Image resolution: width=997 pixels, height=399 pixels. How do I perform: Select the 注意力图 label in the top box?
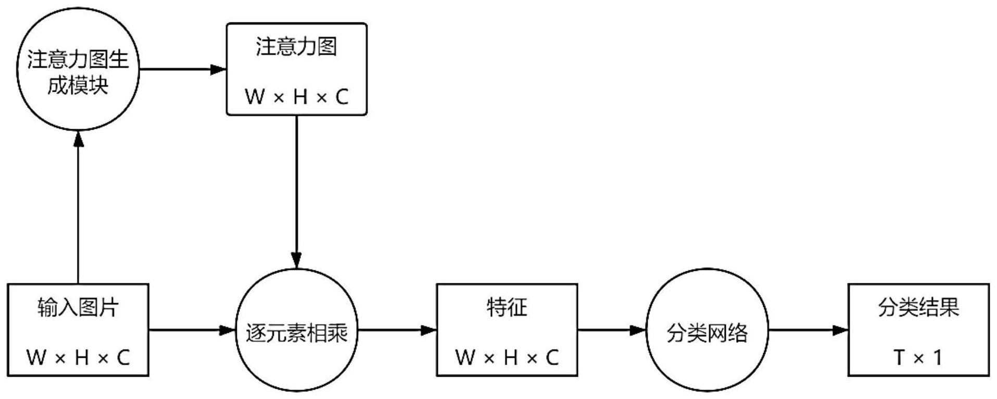[296, 47]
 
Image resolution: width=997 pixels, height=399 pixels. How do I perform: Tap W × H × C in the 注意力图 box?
[296, 96]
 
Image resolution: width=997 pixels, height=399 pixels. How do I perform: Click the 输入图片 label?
[78, 307]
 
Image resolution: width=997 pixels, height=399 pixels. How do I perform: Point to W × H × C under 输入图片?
[78, 357]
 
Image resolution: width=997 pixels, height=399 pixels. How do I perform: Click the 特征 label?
[507, 307]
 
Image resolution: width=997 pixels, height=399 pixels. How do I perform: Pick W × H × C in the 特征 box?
[507, 357]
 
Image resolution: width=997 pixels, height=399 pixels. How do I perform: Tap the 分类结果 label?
[918, 307]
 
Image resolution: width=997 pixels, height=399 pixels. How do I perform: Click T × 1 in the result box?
[918, 357]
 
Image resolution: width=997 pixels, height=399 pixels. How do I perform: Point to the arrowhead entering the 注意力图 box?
[219, 69]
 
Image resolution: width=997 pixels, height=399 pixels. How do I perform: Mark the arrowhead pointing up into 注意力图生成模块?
[79, 139]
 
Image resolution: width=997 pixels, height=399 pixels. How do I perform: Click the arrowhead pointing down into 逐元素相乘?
[296, 260]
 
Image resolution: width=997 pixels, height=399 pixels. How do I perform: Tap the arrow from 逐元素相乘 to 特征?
[396, 330]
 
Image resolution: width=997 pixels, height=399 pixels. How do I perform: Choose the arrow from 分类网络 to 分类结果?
[807, 330]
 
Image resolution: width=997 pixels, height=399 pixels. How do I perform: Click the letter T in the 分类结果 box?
[899, 357]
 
